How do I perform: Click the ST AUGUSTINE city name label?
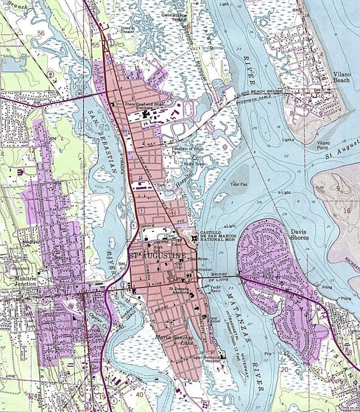(157, 256)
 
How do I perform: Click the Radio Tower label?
(192, 164)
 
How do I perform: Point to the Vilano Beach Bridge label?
(258, 93)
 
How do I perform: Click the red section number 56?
(41, 33)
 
